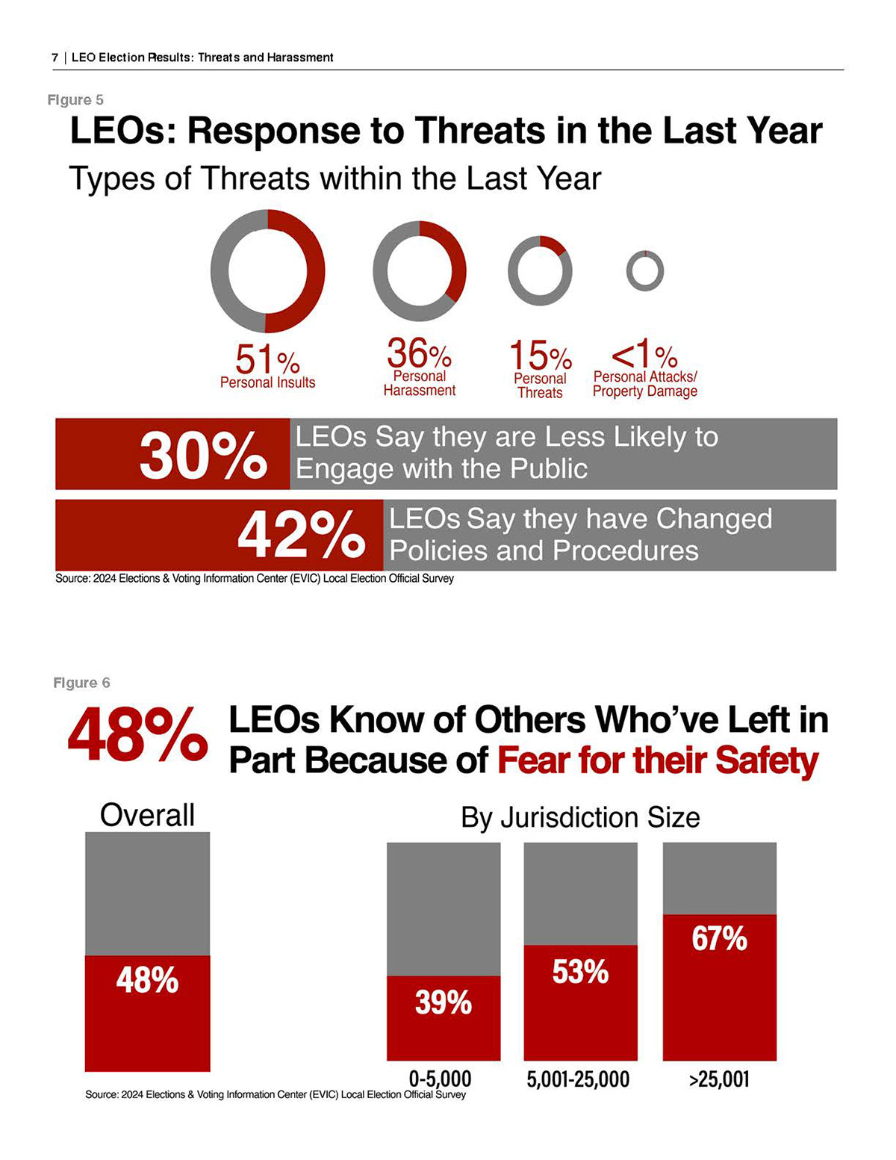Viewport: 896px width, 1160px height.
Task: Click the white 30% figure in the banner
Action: (203, 455)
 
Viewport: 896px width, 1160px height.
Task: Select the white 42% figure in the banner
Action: (302, 536)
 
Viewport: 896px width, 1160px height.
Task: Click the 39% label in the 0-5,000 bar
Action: (444, 1002)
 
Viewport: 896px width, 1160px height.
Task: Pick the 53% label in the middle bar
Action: (580, 972)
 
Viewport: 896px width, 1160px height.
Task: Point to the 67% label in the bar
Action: (719, 939)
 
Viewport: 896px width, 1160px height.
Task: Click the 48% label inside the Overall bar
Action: (147, 979)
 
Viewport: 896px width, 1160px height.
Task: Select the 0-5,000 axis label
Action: (441, 1079)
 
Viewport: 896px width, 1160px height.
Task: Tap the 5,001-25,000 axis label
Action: (578, 1079)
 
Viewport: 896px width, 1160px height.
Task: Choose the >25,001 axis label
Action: (719, 1079)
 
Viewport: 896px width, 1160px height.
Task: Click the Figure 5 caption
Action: (75, 99)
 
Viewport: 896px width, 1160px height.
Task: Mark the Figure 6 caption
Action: (81, 683)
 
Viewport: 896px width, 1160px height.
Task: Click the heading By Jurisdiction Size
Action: (580, 817)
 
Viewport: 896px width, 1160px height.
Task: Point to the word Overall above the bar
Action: (147, 815)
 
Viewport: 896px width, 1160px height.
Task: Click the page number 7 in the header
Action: (55, 58)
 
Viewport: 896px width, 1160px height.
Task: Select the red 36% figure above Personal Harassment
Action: (419, 353)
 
